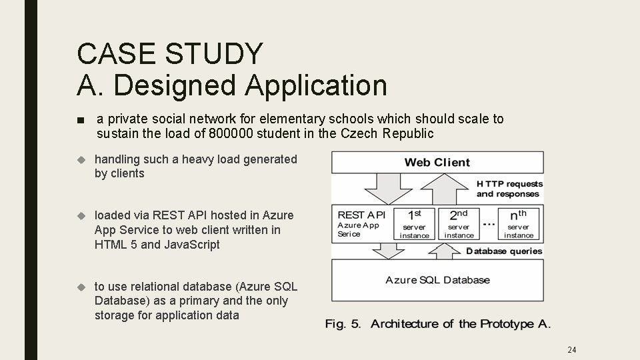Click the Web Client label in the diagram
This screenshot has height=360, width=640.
(437, 162)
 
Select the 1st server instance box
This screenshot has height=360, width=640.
(414, 224)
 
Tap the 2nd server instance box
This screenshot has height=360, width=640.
(459, 224)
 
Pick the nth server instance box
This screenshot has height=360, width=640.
(518, 224)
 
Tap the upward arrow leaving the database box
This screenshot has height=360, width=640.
(444, 250)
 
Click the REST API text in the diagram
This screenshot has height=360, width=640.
(362, 215)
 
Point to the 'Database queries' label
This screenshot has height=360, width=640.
(504, 251)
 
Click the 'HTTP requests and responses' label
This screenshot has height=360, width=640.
(509, 189)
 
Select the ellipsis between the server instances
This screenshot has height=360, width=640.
(488, 221)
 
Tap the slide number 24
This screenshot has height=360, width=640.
(571, 349)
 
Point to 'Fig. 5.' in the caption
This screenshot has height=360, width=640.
(343, 324)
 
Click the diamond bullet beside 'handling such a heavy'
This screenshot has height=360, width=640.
(82, 159)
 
